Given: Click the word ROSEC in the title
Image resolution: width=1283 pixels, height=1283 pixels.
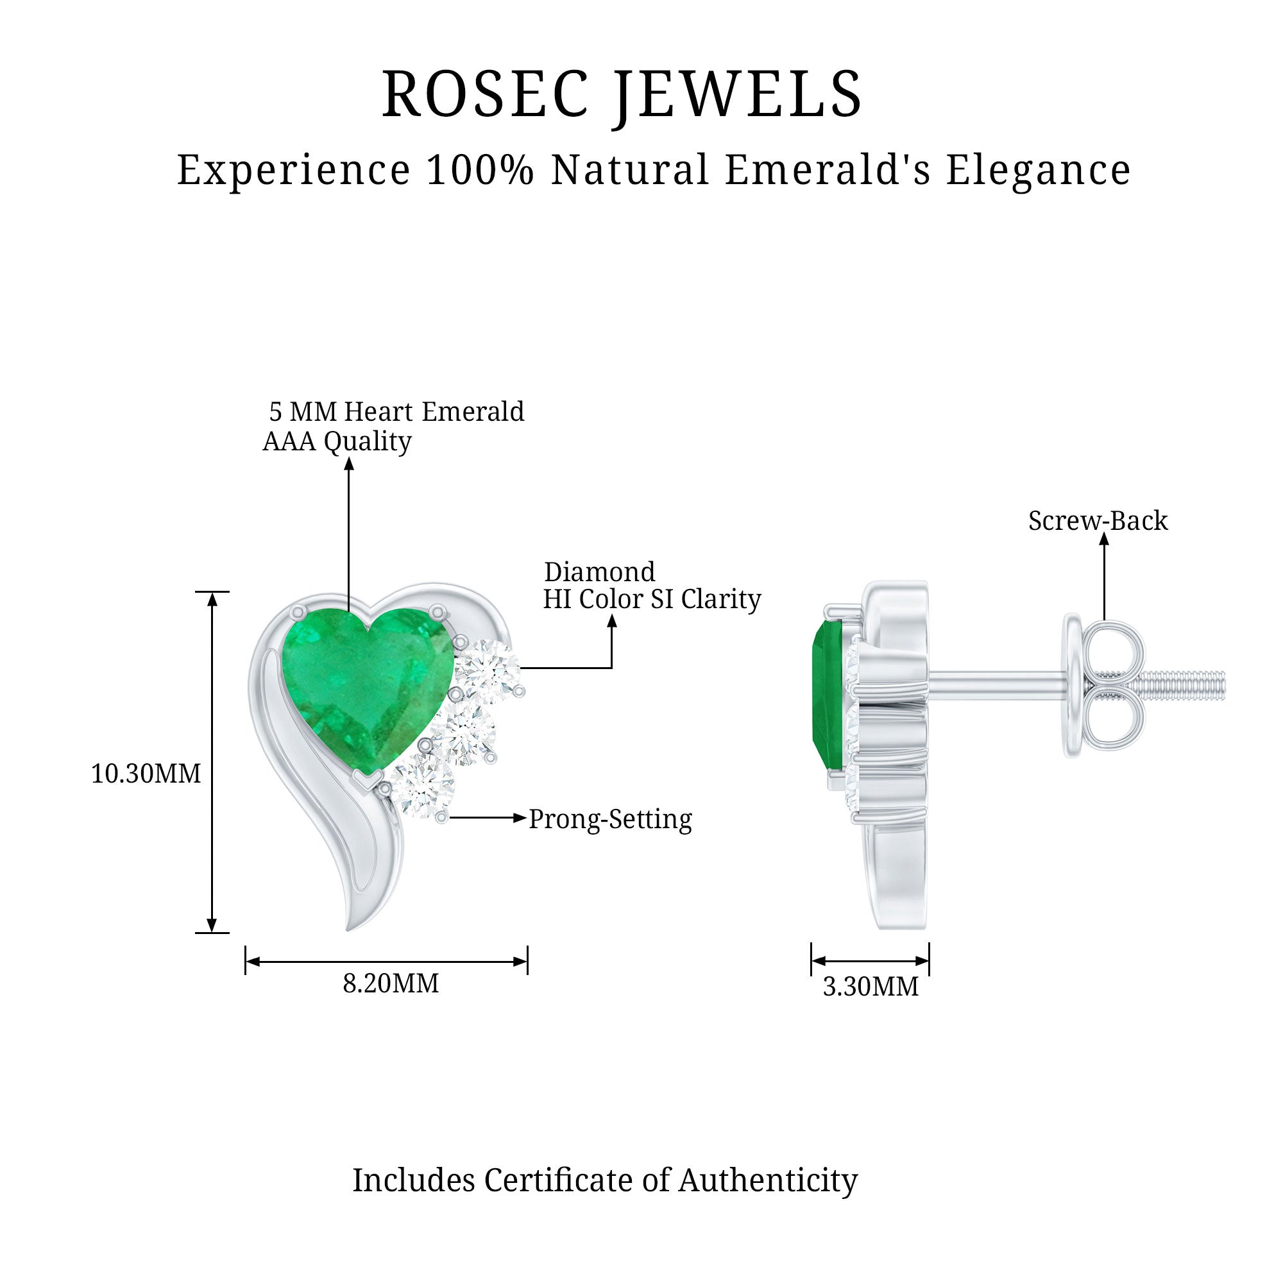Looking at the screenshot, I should [485, 94].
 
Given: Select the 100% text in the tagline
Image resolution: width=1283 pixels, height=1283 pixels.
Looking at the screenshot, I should [480, 170].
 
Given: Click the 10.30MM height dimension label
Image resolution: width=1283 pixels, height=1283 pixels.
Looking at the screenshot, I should [146, 774].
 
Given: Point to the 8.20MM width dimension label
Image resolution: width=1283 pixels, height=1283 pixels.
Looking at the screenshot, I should [391, 983].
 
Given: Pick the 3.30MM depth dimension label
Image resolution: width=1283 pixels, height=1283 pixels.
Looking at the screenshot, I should [870, 987].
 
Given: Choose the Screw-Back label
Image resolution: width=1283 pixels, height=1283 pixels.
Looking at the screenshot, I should [1098, 521].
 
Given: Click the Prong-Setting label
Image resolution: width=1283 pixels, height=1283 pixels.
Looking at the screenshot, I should [609, 819].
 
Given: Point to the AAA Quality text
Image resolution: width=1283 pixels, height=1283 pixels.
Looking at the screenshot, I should [337, 441].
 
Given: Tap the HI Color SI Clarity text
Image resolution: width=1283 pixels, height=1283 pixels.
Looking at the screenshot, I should [652, 599].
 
